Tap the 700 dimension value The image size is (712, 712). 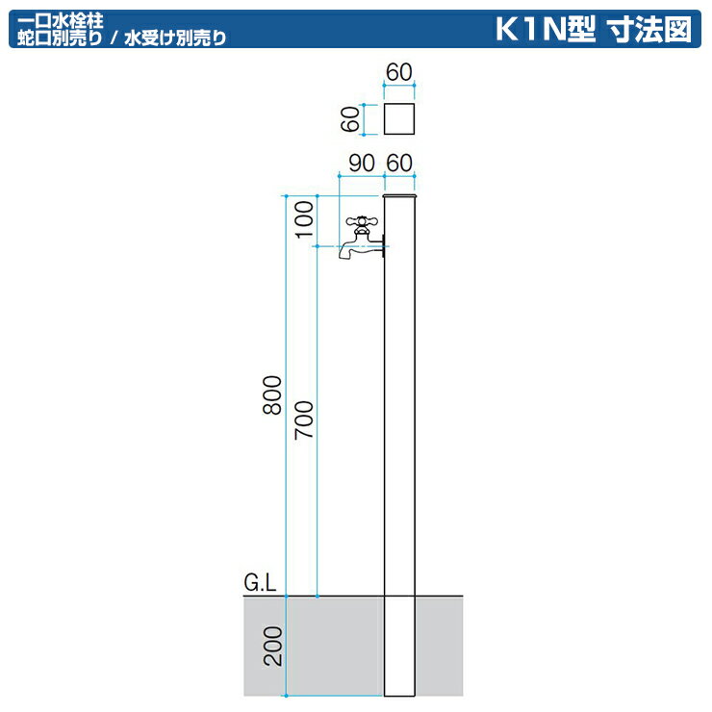305,420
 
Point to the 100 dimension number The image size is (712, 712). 305,220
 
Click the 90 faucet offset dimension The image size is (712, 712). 361,163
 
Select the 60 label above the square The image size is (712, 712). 399,73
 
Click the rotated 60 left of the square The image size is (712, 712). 351,119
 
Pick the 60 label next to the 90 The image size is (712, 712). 399,163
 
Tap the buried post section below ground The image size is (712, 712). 399,645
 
